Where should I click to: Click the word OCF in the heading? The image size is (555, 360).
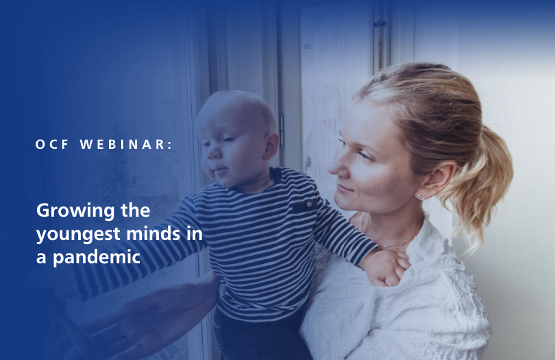[50, 145]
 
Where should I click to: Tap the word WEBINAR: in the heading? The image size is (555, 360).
[127, 145]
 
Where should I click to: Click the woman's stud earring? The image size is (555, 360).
[421, 195]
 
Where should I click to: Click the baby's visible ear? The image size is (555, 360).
[272, 146]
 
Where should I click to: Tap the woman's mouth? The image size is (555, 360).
[345, 187]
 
